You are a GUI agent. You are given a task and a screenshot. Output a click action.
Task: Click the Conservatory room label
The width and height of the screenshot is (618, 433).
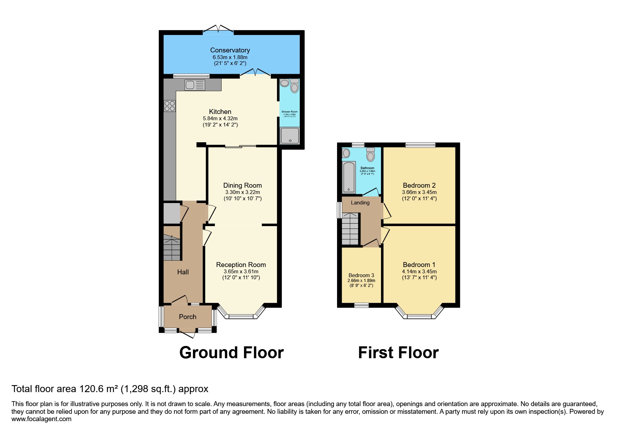[x=230, y=50]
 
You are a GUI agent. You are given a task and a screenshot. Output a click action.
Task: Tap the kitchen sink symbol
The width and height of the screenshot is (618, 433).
[x=195, y=85]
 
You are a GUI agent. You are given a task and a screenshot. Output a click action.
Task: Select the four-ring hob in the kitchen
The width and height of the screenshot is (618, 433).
[x=170, y=106]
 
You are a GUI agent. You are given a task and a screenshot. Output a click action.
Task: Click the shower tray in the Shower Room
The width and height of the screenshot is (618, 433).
[x=290, y=136]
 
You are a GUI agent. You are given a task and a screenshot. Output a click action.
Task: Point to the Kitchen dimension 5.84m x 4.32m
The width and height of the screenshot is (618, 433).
[x=220, y=118]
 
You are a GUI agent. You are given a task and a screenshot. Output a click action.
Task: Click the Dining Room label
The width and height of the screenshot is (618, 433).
[x=242, y=186]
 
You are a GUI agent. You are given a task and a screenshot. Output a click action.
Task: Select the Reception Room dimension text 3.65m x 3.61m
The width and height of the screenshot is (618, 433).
[x=241, y=272]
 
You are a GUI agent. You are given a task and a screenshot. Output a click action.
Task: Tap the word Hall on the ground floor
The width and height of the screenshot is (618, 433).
[x=183, y=272]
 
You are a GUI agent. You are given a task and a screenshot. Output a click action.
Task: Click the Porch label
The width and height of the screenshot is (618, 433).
[x=187, y=317]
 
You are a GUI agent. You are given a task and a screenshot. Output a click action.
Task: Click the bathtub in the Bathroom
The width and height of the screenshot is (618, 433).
[x=349, y=177]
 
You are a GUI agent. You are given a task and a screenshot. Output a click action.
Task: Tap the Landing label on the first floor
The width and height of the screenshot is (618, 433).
[x=360, y=203]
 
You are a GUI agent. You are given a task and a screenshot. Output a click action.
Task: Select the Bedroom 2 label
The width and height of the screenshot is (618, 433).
[x=419, y=186]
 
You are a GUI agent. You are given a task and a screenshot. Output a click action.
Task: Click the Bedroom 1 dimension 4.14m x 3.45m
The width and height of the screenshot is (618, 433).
[x=419, y=272]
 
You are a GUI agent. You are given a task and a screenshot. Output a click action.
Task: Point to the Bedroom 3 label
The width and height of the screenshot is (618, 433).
[x=361, y=275]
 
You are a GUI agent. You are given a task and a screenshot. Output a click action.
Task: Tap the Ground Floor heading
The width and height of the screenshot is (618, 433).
[x=231, y=353]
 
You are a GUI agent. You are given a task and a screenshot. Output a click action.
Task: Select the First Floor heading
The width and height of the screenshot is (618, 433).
[x=398, y=353]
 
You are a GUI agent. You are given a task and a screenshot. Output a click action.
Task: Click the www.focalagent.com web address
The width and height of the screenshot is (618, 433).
[x=41, y=419]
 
